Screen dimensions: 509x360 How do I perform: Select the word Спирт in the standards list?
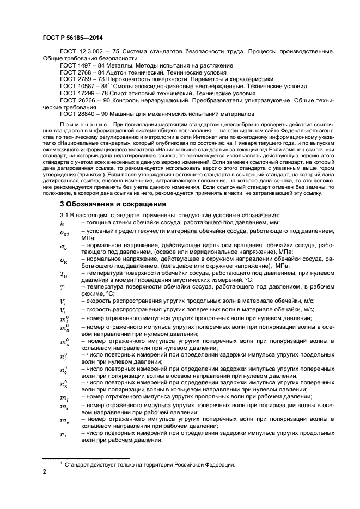point(126,93)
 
